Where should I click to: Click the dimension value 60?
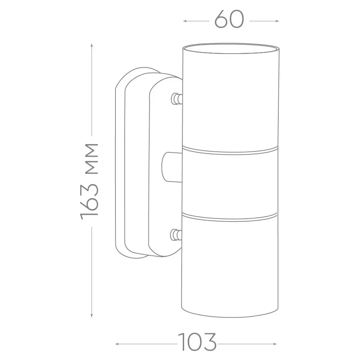(229, 20)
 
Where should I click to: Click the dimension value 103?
(197, 342)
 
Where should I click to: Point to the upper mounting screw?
(177, 99)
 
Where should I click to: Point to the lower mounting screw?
(176, 235)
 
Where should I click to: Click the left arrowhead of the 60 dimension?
(185, 21)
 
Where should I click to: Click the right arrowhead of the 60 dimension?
(277, 21)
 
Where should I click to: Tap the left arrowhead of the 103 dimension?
(117, 344)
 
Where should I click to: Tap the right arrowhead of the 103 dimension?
(275, 344)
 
